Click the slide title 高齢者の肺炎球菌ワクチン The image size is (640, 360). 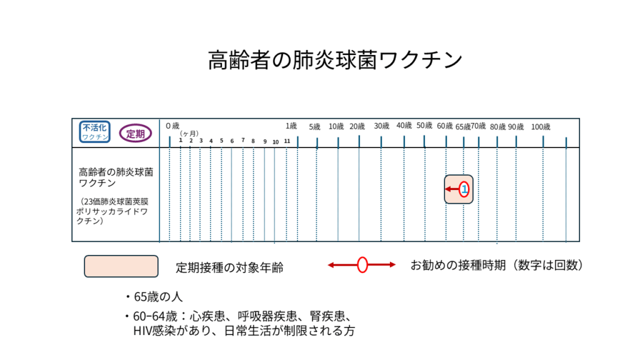[x=335, y=60]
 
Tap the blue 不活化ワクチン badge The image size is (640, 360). [x=95, y=132]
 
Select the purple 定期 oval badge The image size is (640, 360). [x=136, y=134]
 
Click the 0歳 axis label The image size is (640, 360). [x=172, y=126]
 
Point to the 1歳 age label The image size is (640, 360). [x=291, y=126]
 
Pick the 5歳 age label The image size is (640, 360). [x=314, y=126]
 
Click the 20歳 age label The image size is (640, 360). [x=357, y=126]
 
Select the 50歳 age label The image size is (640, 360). [x=424, y=126]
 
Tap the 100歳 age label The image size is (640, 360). [x=541, y=127]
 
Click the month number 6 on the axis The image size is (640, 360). [x=232, y=141]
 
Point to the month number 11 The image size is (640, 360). [x=287, y=141]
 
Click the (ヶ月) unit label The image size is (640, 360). [x=189, y=134]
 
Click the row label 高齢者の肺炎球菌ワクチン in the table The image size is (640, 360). [x=116, y=177]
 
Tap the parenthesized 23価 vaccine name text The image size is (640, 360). [x=112, y=211]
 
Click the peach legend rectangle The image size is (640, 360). [x=121, y=266]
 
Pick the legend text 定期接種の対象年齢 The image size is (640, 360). [x=229, y=267]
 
